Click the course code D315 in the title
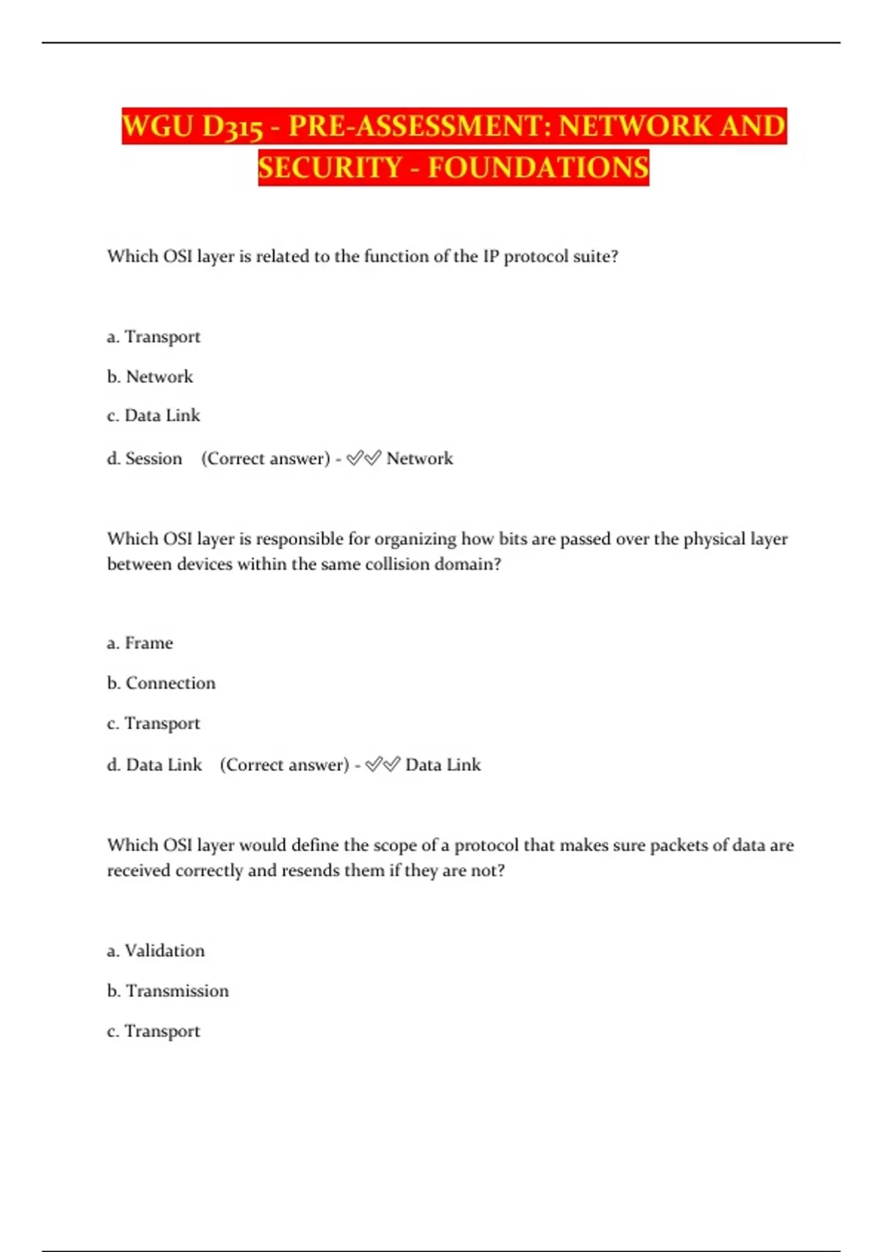tap(233, 127)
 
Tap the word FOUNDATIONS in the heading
tap(538, 168)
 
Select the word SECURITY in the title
tap(330, 168)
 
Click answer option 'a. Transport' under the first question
tap(153, 337)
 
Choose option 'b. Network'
tap(150, 376)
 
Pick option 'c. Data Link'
tap(153, 415)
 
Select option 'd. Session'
tap(144, 458)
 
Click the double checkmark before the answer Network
tap(364, 458)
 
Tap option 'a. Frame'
tap(140, 643)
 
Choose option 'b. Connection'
tap(161, 683)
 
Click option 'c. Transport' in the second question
tap(153, 723)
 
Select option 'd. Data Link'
tap(155, 764)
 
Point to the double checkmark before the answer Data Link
tap(383, 764)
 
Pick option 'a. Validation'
tap(155, 951)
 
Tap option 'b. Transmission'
tap(168, 991)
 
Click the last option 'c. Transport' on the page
tap(153, 1031)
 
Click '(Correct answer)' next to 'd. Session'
tap(266, 458)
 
